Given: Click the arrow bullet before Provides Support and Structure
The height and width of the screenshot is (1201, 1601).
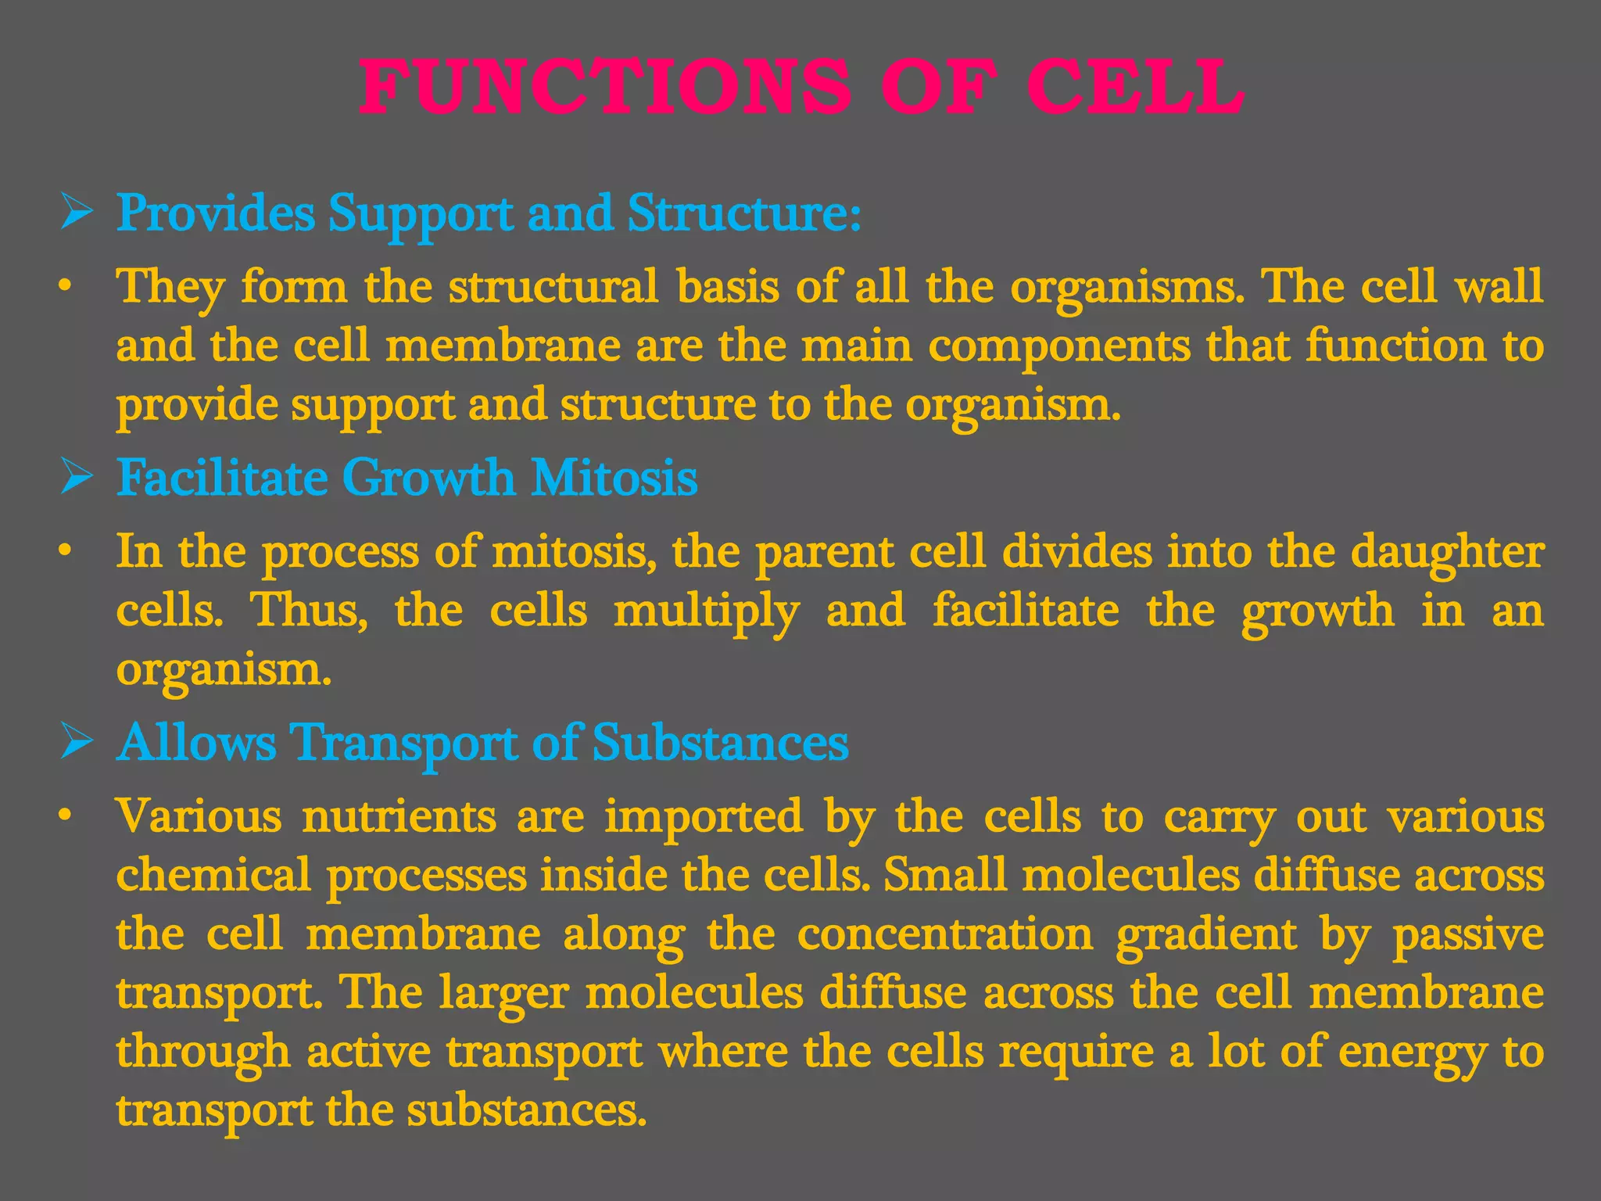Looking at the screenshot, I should (77, 212).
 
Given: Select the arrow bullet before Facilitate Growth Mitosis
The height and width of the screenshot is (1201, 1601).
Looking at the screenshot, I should (77, 476).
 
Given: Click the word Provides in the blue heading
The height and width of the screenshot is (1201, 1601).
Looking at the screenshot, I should (216, 212).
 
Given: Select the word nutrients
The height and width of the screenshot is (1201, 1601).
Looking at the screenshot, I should (399, 816).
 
